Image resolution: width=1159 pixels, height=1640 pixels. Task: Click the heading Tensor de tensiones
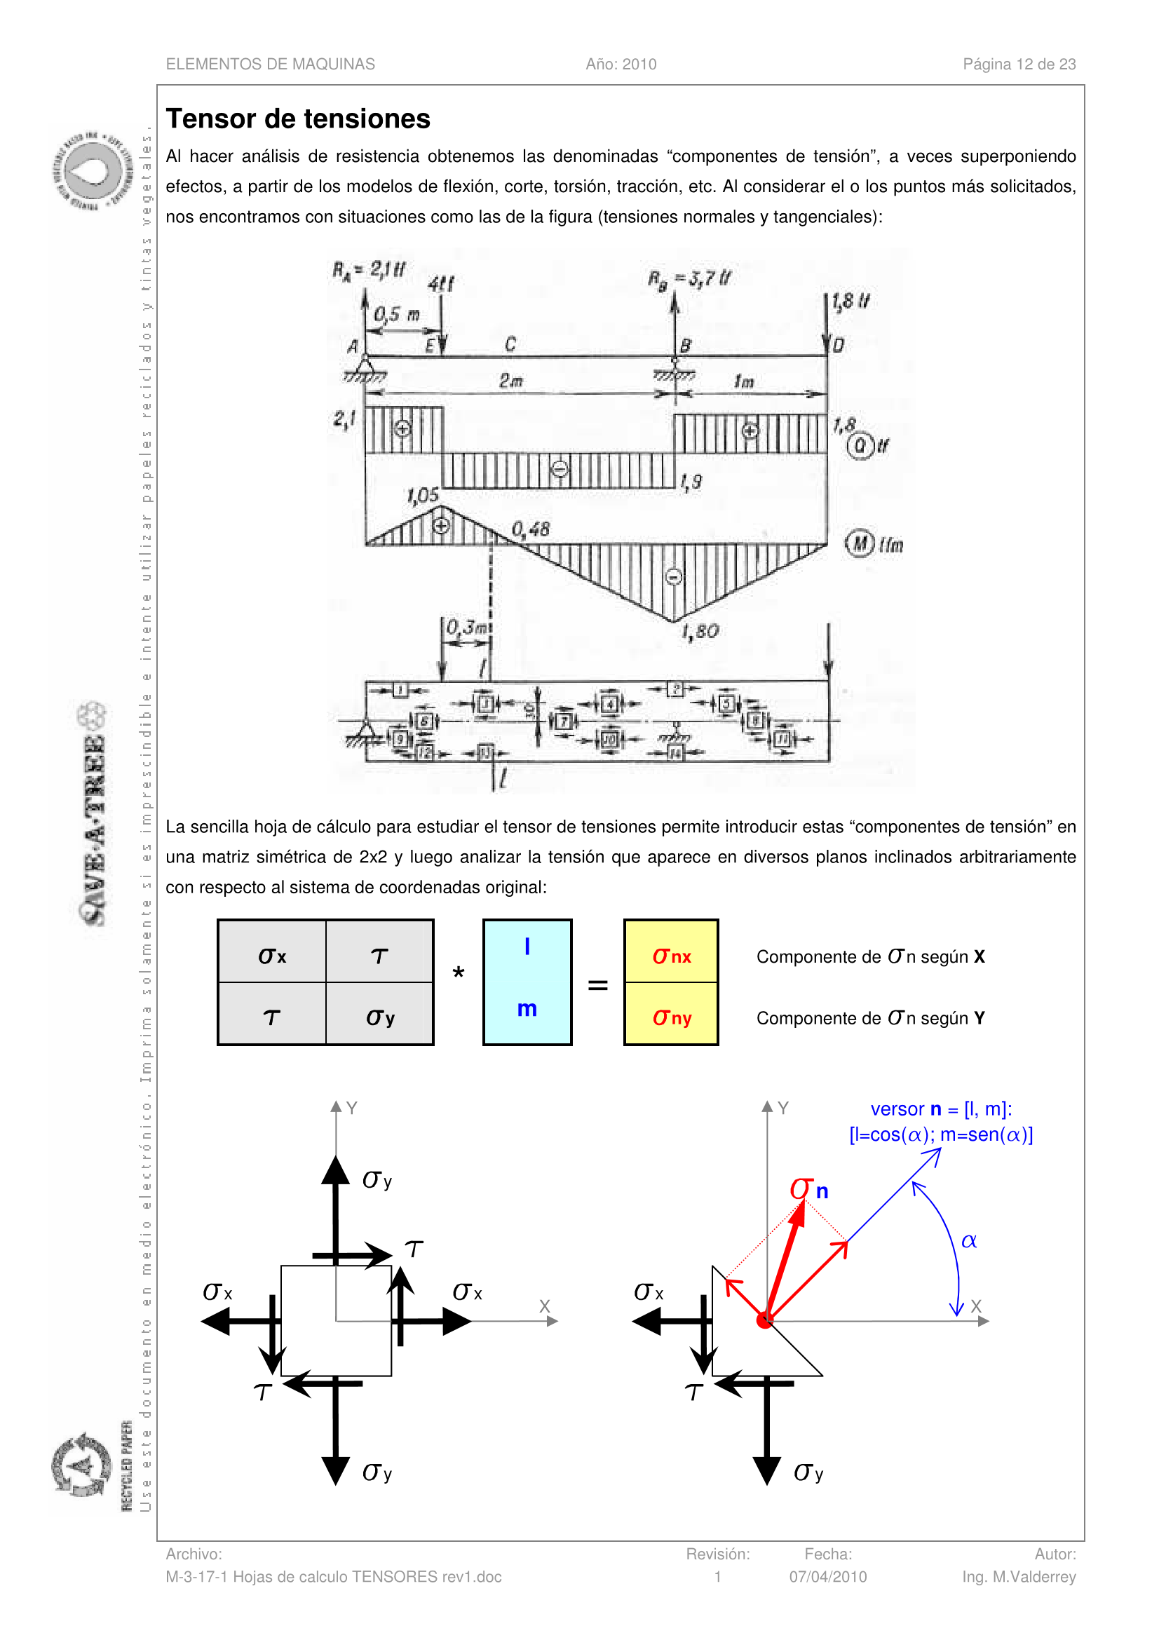pos(298,118)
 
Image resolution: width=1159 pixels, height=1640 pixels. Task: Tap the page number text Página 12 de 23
pos(1018,65)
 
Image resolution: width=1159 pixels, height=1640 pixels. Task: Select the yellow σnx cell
pos(670,956)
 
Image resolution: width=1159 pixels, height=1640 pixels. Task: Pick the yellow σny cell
pos(670,1017)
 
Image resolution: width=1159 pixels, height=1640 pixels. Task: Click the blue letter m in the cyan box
pos(527,1008)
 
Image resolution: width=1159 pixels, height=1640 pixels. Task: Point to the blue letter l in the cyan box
pos(527,947)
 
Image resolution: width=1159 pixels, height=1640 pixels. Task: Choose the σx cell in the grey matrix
pos(272,956)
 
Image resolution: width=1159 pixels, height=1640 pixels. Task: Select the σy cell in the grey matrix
pos(380,1017)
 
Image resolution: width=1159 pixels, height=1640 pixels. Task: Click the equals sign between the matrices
pos(597,985)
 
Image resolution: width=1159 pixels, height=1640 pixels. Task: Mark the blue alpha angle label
pos(968,1241)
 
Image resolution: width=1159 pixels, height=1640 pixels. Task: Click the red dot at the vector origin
pos(765,1321)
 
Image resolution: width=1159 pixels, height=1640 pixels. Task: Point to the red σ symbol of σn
pos(801,1188)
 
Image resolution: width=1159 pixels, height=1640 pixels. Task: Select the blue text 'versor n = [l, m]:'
pos(940,1109)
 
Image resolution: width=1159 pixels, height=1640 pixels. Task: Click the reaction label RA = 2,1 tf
pos(369,270)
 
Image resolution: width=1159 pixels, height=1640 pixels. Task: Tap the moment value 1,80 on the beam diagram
pos(700,632)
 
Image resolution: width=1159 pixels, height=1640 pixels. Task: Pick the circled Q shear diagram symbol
pos(860,446)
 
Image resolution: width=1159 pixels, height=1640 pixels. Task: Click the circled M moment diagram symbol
pos(860,543)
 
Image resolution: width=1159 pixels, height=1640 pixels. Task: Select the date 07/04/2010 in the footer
pos(827,1576)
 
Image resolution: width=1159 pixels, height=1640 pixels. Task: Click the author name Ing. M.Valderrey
pos(1018,1576)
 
